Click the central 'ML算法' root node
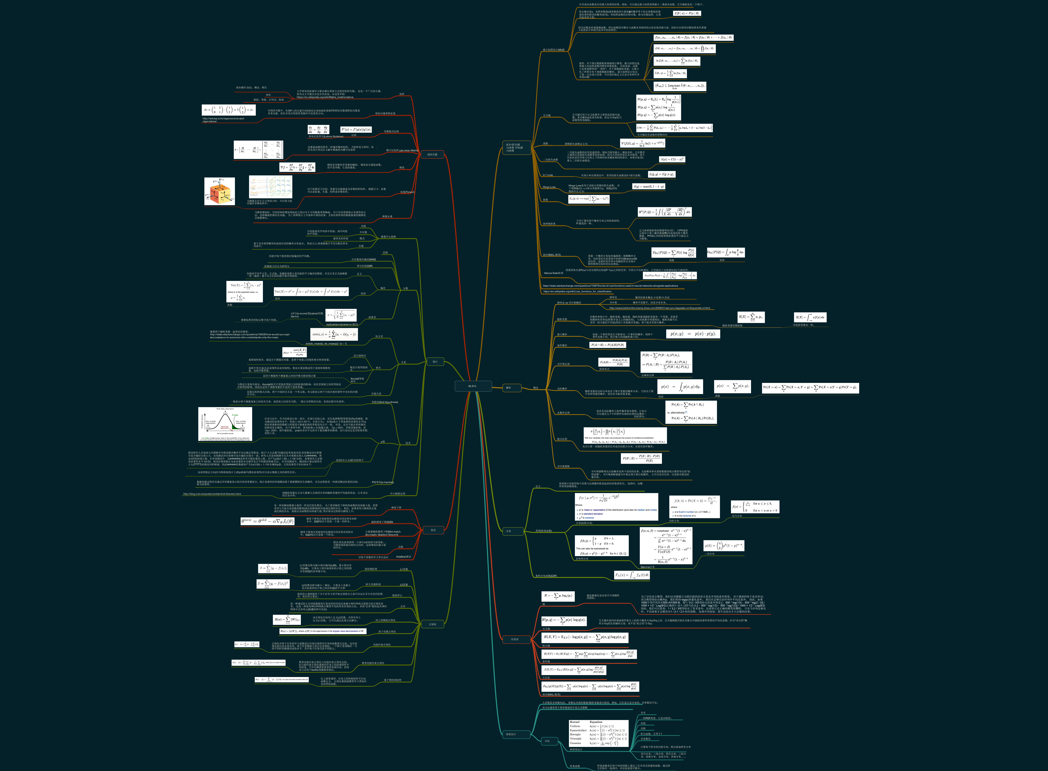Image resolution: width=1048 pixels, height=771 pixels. [x=472, y=386]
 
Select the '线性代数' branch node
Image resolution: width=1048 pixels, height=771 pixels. [x=432, y=154]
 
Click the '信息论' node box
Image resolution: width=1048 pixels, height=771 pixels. [x=515, y=639]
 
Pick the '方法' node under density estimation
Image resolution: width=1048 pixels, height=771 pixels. [x=547, y=741]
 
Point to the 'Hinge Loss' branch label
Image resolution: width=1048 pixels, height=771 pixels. [x=549, y=187]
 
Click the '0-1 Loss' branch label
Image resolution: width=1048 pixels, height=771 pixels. [x=548, y=175]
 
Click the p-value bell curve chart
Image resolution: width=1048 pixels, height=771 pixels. [x=225, y=424]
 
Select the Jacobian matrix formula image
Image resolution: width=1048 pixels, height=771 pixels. [x=258, y=150]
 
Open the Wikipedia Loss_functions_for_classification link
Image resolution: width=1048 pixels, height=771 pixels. [x=577, y=291]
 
